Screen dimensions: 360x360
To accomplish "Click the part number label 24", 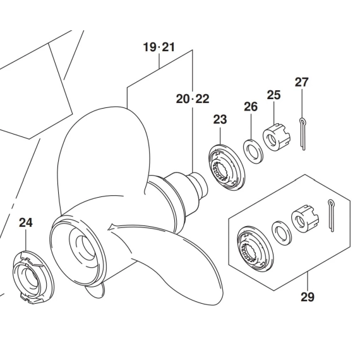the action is (x=26, y=223).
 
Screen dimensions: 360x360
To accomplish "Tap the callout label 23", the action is (x=220, y=119).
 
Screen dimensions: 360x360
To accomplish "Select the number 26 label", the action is (x=251, y=107).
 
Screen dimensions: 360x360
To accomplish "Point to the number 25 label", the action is (x=273, y=95).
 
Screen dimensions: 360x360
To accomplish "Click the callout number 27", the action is (x=302, y=82).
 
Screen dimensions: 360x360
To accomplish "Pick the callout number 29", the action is (x=308, y=297).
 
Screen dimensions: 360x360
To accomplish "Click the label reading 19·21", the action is (x=159, y=47).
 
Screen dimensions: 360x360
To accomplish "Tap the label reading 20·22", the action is (x=193, y=99).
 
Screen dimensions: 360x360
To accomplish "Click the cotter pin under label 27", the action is (x=303, y=134).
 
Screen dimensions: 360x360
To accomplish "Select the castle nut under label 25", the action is (x=277, y=137).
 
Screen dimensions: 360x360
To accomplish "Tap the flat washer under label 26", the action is (x=253, y=152).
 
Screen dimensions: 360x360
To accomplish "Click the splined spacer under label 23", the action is (x=227, y=168).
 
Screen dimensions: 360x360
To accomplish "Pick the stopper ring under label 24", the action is (x=33, y=278).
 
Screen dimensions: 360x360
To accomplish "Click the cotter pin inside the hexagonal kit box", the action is (x=331, y=216).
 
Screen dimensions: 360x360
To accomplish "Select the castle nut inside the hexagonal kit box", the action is (x=305, y=219).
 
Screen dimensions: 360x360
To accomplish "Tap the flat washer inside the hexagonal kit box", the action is (x=282, y=233).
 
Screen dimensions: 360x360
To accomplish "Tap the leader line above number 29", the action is (x=308, y=282).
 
